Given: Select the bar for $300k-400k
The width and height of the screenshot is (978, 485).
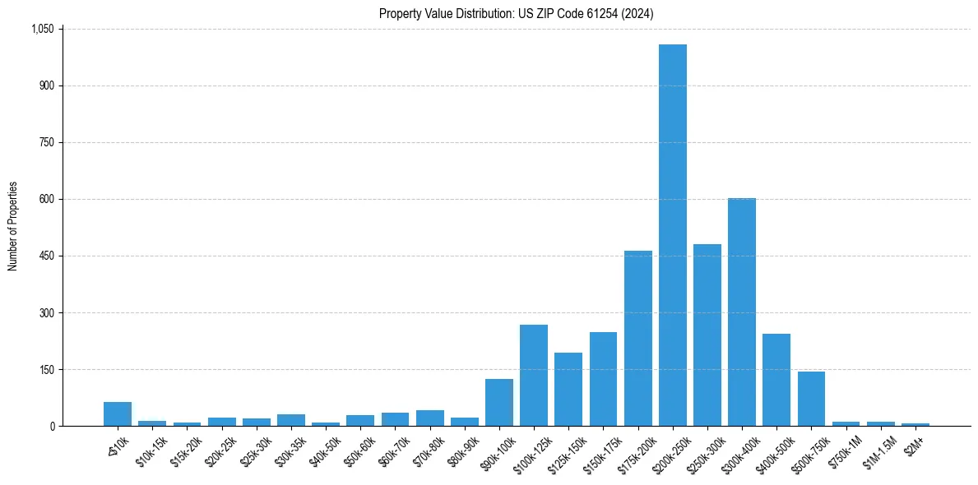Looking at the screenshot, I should coord(742,312).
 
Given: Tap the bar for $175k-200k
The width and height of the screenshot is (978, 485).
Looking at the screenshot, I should coord(637,339).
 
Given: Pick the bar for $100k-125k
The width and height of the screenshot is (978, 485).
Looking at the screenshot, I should coord(533,376).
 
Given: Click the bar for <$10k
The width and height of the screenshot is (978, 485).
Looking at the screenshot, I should coord(118,414).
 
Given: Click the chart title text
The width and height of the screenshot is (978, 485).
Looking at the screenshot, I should coord(517,13).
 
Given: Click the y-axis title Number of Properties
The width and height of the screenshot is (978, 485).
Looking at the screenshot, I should coord(13,227).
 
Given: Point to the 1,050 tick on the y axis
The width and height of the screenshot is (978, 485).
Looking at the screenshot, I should coord(43,29).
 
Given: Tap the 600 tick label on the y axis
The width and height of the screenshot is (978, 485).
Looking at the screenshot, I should coord(47,199).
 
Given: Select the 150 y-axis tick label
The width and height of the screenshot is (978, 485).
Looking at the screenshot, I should coord(47,369).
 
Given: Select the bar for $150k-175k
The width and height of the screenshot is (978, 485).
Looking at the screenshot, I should coord(603,379).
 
